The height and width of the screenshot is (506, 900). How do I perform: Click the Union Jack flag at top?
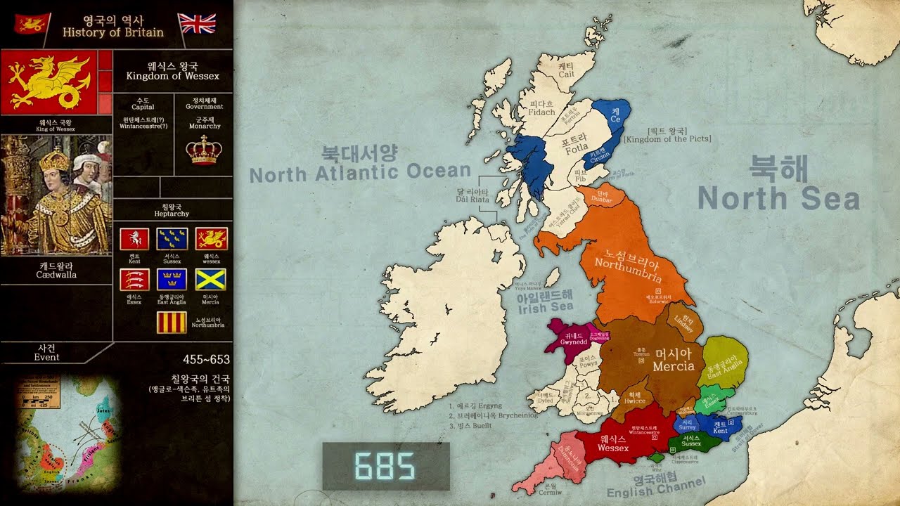(x=197, y=23)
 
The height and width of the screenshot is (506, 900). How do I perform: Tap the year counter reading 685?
(x=385, y=466)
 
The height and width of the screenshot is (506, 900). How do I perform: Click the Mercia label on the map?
(x=673, y=360)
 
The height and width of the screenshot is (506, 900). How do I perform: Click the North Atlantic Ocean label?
(x=360, y=164)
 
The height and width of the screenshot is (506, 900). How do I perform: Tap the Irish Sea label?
(x=545, y=302)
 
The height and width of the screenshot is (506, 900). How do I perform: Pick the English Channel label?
(x=655, y=486)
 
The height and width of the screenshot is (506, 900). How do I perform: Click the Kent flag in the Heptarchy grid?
(x=134, y=239)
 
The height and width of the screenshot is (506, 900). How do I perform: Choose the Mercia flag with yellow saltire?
(x=210, y=280)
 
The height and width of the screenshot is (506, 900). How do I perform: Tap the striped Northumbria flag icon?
(x=172, y=322)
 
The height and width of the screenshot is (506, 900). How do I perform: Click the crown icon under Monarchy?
(x=204, y=149)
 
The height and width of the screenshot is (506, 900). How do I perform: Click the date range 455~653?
(x=206, y=360)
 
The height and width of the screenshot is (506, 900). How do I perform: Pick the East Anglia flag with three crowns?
(x=172, y=280)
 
